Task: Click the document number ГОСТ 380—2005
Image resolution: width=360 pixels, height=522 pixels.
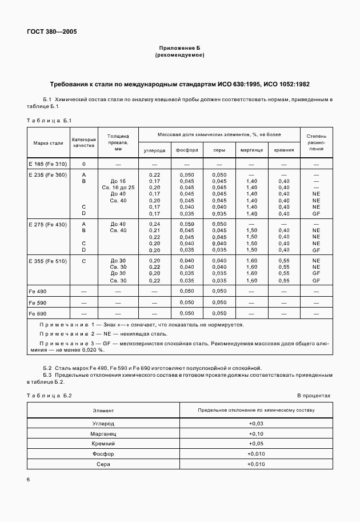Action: coord(51,31)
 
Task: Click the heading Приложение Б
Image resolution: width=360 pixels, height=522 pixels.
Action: coord(179,49)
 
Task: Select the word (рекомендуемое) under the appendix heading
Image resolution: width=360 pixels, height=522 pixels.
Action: coord(179,55)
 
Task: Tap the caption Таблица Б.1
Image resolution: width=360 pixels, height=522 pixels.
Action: coord(49,120)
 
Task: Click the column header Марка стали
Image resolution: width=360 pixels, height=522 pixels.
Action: coord(48,142)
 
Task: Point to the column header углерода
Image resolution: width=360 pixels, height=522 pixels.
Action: coord(154,150)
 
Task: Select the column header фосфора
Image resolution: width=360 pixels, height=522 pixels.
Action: coord(187,150)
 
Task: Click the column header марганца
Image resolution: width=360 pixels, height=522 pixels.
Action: coord(251,150)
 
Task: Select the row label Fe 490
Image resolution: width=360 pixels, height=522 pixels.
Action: coord(38,291)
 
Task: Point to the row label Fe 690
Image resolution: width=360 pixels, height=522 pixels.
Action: coord(38,313)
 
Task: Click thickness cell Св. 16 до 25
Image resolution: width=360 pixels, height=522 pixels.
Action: coord(118,187)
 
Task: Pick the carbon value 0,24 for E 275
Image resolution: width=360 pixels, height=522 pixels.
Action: coord(154,224)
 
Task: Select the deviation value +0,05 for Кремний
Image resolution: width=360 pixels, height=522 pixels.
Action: coord(256,444)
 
